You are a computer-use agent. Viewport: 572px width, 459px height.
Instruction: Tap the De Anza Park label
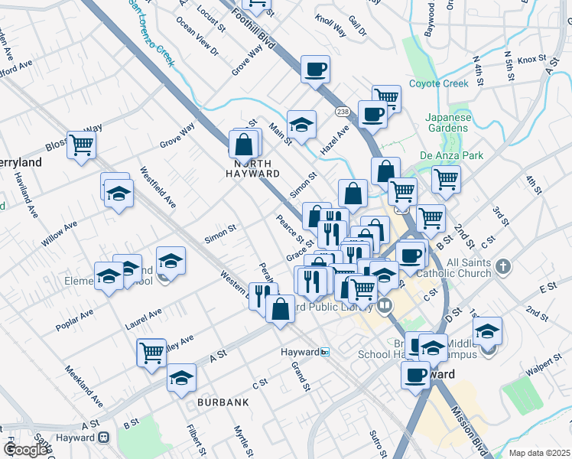(452, 155)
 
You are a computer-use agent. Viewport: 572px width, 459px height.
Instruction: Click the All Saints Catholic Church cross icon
(502, 266)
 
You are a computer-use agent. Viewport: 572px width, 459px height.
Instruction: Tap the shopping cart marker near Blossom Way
(81, 144)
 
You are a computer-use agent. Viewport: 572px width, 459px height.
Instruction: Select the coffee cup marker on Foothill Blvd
(315, 70)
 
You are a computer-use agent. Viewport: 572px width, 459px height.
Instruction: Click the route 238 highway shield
(342, 112)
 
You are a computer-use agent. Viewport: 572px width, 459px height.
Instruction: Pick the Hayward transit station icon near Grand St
(326, 352)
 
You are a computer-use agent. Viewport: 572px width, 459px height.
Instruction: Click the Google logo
(25, 450)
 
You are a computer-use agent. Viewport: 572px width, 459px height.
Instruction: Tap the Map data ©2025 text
(539, 453)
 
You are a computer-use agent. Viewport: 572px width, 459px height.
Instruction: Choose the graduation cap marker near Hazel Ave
(302, 125)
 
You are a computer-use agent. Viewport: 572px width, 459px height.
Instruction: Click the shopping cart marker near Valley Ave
(151, 352)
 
